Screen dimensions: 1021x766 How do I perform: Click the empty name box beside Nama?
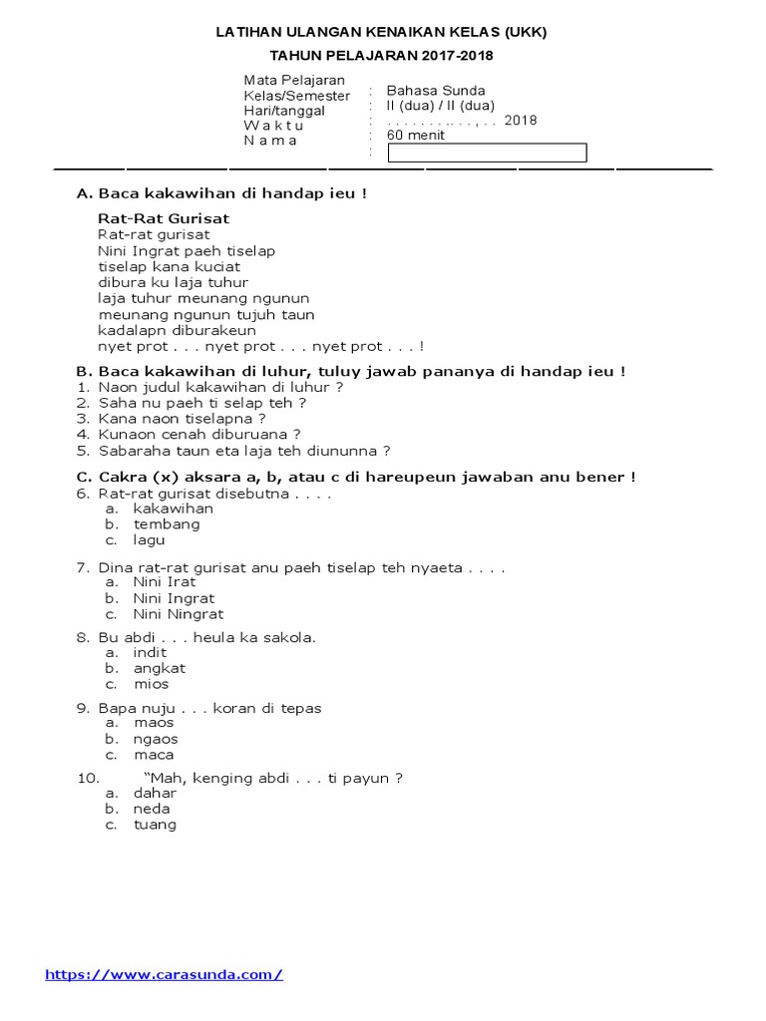(x=487, y=153)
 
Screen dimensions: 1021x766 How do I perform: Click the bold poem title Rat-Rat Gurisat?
(x=164, y=218)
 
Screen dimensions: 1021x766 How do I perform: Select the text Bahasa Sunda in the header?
(x=436, y=90)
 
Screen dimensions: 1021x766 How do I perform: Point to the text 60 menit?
(x=416, y=136)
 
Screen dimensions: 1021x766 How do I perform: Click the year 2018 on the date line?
(x=521, y=121)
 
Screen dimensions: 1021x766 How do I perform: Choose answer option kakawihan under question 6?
(x=174, y=509)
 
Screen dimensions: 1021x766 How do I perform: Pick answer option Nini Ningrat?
(x=179, y=614)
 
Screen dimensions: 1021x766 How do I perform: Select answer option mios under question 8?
(x=152, y=684)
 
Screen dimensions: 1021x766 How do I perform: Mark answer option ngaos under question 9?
(x=156, y=739)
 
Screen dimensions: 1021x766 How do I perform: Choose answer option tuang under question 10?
(x=155, y=825)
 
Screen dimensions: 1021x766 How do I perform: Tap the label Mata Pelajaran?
(x=294, y=80)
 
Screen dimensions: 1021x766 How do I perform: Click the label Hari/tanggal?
(x=284, y=111)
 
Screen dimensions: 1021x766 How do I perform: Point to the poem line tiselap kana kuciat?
(x=169, y=267)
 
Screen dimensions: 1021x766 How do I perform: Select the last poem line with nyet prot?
(x=260, y=347)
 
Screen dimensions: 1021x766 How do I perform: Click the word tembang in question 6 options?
(x=167, y=524)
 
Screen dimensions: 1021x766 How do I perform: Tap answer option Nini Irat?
(x=165, y=582)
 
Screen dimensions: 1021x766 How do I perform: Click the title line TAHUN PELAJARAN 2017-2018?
(x=382, y=56)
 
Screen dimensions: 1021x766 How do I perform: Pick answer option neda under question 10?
(x=152, y=809)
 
